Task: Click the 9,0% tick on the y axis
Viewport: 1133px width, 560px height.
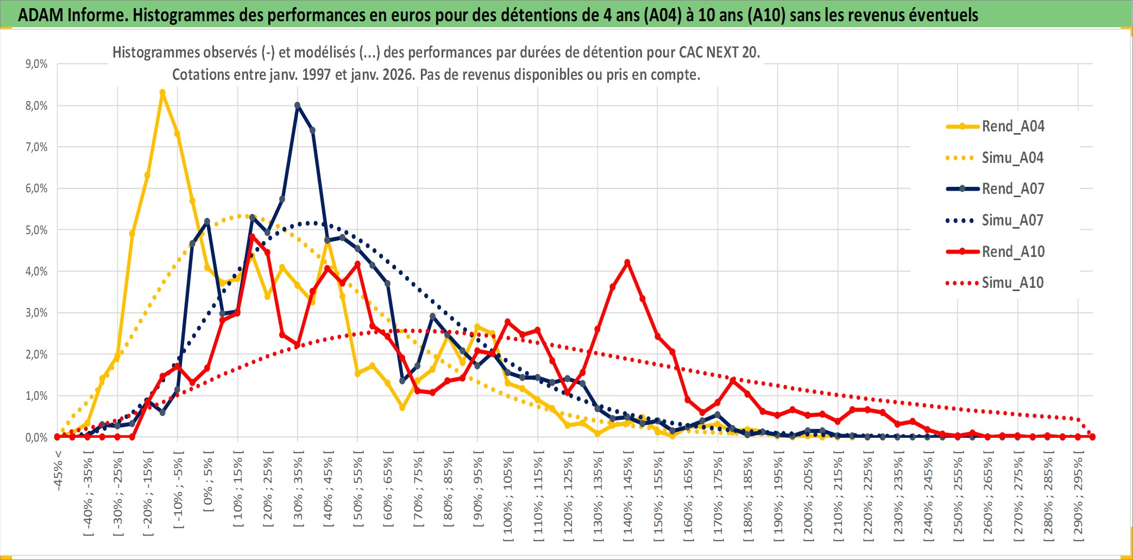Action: [x=36, y=64]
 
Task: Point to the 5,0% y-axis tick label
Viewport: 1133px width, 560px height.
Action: [x=36, y=230]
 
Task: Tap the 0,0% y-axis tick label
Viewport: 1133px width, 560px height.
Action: [x=36, y=437]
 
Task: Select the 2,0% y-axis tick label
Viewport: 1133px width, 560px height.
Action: [x=36, y=354]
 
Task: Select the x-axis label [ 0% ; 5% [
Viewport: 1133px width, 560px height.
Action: [x=208, y=481]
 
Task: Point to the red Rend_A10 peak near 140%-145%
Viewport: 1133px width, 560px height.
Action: [x=627, y=262]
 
